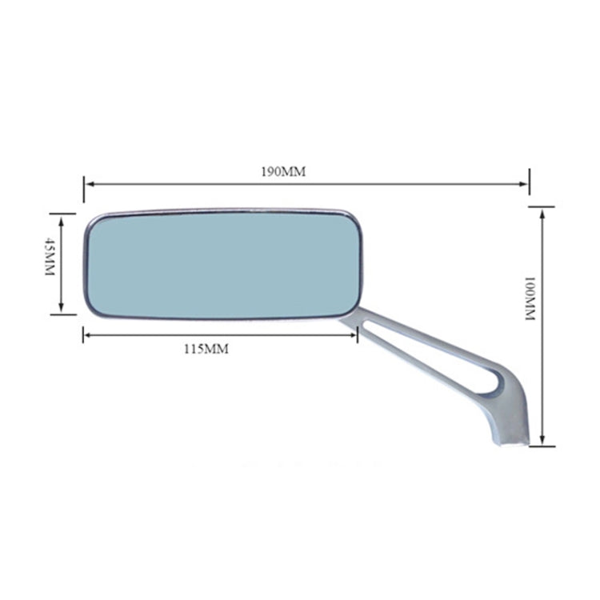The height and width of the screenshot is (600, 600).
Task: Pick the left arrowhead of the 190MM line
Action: click(88, 184)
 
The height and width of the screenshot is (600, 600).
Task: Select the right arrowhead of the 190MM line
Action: click(525, 184)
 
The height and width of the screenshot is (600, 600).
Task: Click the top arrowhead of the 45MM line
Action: click(62, 218)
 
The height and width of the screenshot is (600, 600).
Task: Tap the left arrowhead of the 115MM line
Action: click(86, 334)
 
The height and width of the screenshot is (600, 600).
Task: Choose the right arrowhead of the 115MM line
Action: click(354, 334)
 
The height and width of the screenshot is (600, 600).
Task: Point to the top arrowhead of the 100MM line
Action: click(542, 211)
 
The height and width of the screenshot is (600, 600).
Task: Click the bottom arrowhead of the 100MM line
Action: click(542, 441)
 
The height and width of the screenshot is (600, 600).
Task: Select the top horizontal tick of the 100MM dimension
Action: click(541, 206)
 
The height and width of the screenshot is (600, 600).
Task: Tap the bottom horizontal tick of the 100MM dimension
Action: click(542, 445)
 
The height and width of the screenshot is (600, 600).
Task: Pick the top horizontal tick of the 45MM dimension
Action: click(62, 214)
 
